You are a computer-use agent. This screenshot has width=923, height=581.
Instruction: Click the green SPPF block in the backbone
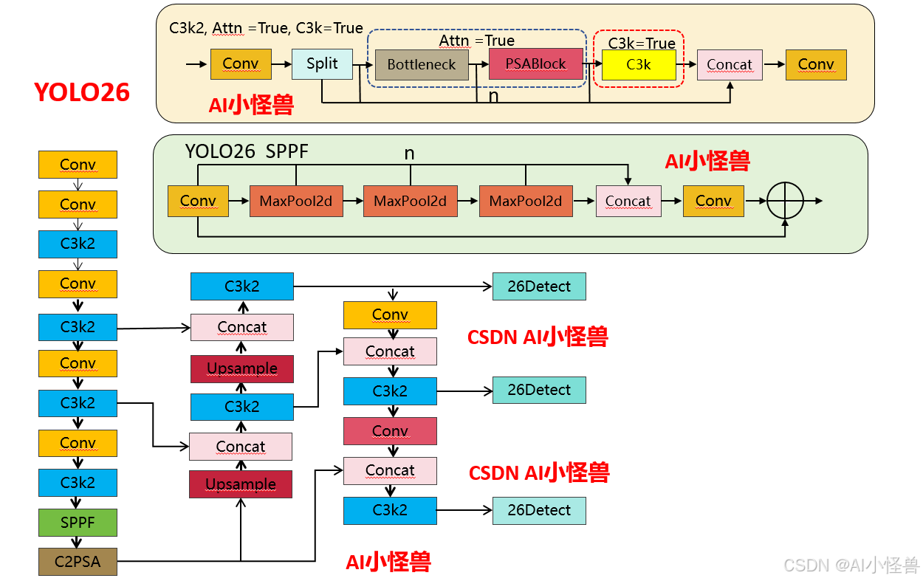(78, 523)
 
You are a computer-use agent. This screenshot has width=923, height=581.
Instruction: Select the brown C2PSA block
(78, 562)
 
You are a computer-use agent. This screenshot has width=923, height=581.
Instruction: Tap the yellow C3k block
(639, 65)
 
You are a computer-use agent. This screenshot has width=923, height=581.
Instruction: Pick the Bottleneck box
(422, 65)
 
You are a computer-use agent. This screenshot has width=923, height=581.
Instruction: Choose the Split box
(322, 64)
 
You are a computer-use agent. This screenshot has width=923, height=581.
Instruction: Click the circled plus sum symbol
(785, 201)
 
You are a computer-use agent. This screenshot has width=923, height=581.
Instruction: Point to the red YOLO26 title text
(82, 92)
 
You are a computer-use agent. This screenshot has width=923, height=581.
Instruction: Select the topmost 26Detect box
(539, 286)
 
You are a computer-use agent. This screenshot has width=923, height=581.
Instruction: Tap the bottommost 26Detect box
(539, 510)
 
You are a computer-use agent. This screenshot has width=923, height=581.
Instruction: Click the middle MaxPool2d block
(410, 201)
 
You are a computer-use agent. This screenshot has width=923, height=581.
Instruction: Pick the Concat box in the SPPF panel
(628, 201)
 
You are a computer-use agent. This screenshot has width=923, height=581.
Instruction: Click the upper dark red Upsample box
(242, 368)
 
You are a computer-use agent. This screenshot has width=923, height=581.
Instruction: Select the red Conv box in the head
(390, 431)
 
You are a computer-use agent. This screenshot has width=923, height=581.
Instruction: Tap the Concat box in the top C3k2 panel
(730, 65)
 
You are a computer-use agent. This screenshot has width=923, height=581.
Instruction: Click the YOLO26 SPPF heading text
(247, 152)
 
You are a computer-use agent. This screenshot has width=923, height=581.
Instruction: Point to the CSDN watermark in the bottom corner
(851, 565)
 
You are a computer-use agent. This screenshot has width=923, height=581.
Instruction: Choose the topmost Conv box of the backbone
(78, 165)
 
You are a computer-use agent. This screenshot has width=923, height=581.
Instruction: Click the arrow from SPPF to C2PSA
(78, 542)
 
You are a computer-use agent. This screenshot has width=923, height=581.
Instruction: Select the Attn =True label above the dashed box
(477, 41)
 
